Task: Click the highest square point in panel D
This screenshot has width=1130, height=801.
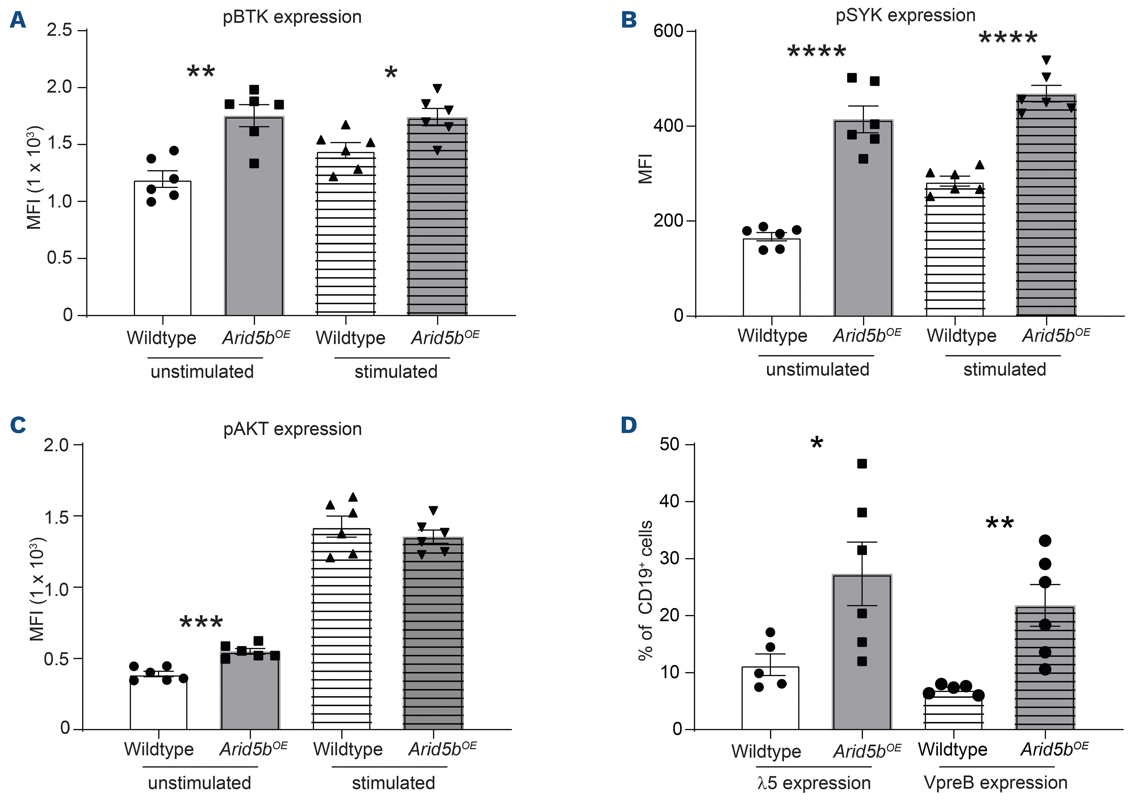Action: [862, 464]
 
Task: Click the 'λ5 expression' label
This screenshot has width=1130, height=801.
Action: [814, 783]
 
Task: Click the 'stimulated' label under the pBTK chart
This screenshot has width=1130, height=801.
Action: [396, 371]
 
